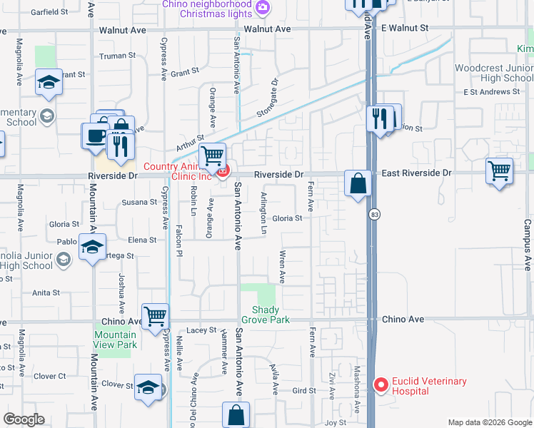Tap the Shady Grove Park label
pyautogui.click(x=271, y=315)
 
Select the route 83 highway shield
pyautogui.click(x=373, y=214)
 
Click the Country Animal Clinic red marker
pyautogui.click(x=223, y=171)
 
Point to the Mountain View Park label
pyautogui.click(x=115, y=340)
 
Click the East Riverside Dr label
pyautogui.click(x=416, y=173)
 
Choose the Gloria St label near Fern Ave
pyautogui.click(x=287, y=218)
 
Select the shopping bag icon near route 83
pyautogui.click(x=358, y=183)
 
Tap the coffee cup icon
pyautogui.click(x=95, y=136)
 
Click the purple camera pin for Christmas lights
pyautogui.click(x=263, y=8)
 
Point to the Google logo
pyautogui.click(x=24, y=419)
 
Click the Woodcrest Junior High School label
pyautogui.click(x=494, y=73)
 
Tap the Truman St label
pyautogui.click(x=117, y=56)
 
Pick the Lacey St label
pyautogui.click(x=201, y=330)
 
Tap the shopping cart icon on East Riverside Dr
pyautogui.click(x=499, y=171)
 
